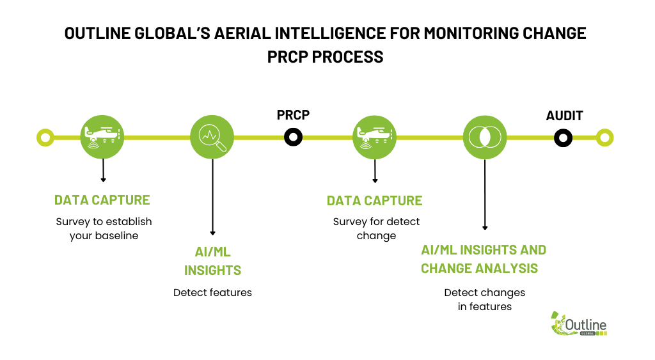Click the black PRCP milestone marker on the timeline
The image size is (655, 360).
click(293, 137)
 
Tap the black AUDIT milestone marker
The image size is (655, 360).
click(563, 138)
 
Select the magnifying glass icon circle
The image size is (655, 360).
click(212, 137)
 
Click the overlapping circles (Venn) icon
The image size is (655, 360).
click(485, 137)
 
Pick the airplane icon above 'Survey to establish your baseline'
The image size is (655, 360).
click(102, 137)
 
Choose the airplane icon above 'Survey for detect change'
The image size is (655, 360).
click(375, 137)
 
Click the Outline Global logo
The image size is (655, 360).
click(578, 324)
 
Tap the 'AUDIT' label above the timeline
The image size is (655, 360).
click(564, 116)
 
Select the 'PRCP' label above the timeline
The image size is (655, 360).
click(293, 115)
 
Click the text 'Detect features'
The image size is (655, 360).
click(212, 292)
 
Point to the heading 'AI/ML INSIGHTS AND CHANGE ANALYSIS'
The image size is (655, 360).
click(484, 259)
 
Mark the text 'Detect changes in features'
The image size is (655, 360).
click(485, 299)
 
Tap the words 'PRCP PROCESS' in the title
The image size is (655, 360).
click(326, 57)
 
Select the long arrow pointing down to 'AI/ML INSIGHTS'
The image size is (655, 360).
click(212, 197)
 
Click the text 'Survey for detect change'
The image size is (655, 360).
click(376, 228)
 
